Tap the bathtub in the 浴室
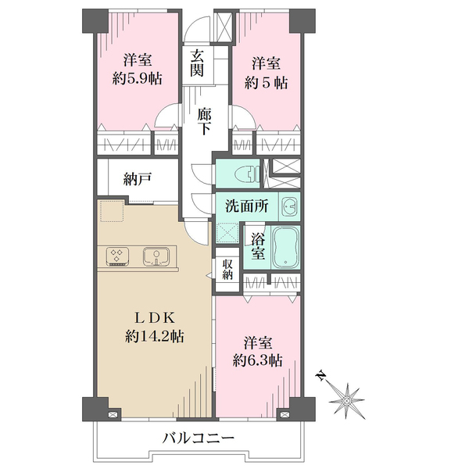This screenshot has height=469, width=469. [x=285, y=247]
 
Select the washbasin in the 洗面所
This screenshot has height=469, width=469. [x=289, y=206]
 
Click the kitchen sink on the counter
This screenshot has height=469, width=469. [x=156, y=256]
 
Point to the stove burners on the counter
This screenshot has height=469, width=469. [x=117, y=256]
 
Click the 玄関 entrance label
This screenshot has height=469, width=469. [x=197, y=63]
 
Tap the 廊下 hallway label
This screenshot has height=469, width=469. [x=205, y=122]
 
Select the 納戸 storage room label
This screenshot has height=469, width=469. [x=138, y=179]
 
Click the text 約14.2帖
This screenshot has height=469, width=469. [x=154, y=336]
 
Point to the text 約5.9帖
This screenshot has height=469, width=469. [x=138, y=79]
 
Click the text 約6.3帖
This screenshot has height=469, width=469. [x=257, y=360]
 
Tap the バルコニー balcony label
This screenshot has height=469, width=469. [x=198, y=439]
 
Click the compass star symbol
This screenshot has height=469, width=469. [x=347, y=401]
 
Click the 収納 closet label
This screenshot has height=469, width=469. [x=227, y=269]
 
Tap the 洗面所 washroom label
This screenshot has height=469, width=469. [x=247, y=206]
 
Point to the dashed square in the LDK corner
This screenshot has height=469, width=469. [x=112, y=211]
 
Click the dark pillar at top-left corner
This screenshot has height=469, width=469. [x=95, y=21]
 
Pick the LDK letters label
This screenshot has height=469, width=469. [x=154, y=318]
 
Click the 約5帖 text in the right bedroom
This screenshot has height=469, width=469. [x=266, y=82]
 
